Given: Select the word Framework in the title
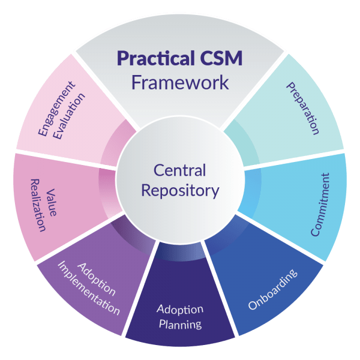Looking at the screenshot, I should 180,82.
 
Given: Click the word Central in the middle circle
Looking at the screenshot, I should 180,170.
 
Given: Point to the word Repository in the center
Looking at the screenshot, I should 180,191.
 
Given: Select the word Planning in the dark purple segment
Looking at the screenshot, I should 180,325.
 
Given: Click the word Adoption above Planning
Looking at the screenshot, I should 180,310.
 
